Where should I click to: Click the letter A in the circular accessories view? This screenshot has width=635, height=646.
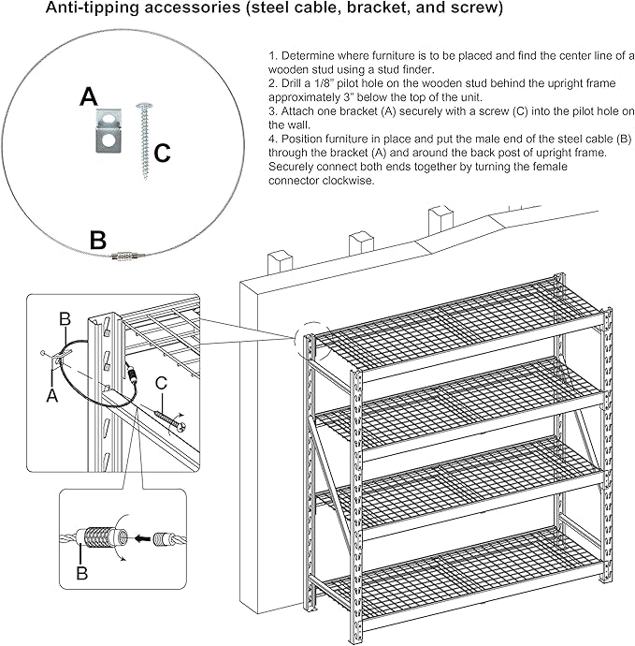pyautogui.click(x=88, y=96)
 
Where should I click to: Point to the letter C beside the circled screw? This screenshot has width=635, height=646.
pyautogui.click(x=161, y=153)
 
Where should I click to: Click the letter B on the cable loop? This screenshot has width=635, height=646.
pyautogui.click(x=98, y=240)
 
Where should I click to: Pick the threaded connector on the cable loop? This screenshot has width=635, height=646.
pyautogui.click(x=129, y=253)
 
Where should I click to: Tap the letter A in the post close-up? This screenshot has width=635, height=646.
pyautogui.click(x=52, y=395)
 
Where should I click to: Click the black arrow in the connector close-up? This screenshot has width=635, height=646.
pyautogui.click(x=142, y=539)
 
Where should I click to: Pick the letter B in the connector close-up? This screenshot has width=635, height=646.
pyautogui.click(x=80, y=573)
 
